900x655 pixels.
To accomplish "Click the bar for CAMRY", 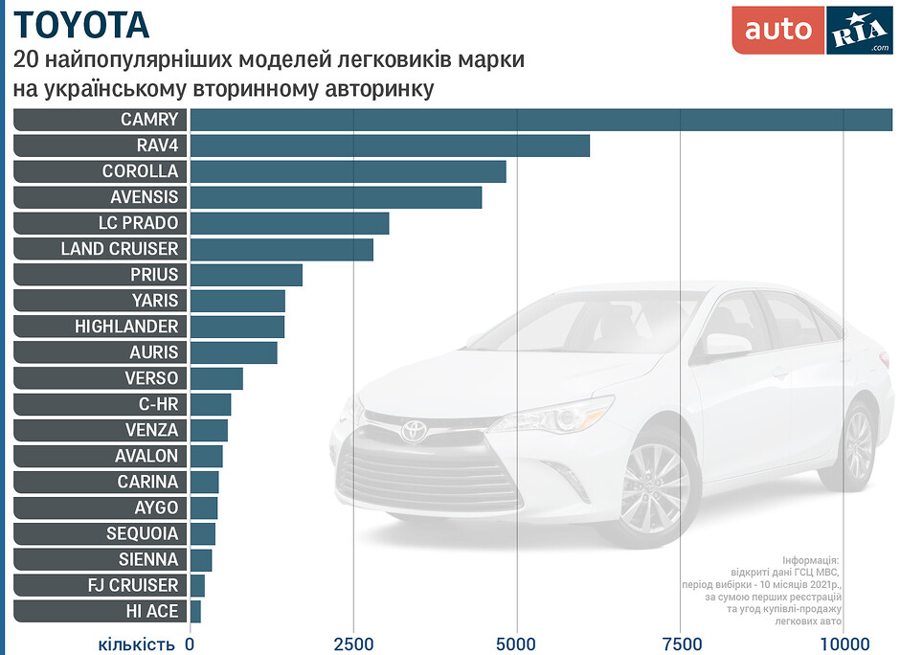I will pyautogui.click(x=541, y=120).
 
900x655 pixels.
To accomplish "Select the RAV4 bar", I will pyautogui.click(x=390, y=146).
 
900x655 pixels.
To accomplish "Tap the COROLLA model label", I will pyautogui.click(x=141, y=171).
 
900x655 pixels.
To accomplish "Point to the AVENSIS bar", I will pyautogui.click(x=336, y=197).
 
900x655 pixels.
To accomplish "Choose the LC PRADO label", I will pyautogui.click(x=138, y=223).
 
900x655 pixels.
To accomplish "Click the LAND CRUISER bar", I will pyautogui.click(x=281, y=249).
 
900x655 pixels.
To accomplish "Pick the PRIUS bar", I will pyautogui.click(x=246, y=275).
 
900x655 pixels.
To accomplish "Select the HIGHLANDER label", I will pyautogui.click(x=126, y=327).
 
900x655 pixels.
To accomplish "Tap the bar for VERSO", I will pyautogui.click(x=216, y=378).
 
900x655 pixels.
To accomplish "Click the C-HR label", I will pyautogui.click(x=158, y=404).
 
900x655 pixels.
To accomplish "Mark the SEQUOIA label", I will pyautogui.click(x=143, y=533).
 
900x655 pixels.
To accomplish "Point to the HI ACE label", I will pyautogui.click(x=152, y=611).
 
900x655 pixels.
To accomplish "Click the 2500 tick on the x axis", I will pyautogui.click(x=353, y=644).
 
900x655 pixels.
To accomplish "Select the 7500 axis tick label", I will pyautogui.click(x=680, y=644).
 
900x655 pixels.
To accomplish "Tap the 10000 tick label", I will pyautogui.click(x=844, y=644).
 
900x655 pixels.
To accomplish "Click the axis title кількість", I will pyautogui.click(x=136, y=644).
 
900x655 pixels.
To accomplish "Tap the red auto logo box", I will pyautogui.click(x=777, y=31).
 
